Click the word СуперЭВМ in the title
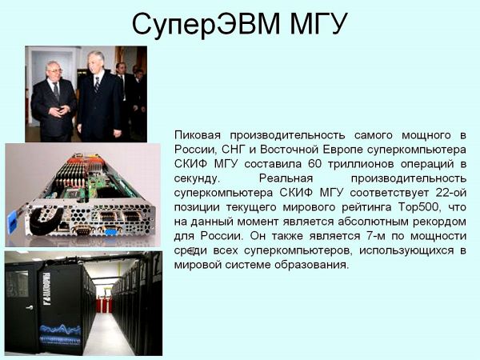click(x=206, y=24)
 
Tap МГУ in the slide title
click(x=318, y=24)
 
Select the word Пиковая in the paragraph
click(x=198, y=135)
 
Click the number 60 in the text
click(x=314, y=164)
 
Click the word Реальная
click(x=286, y=178)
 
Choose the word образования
click(x=311, y=265)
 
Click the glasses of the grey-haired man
click(x=54, y=70)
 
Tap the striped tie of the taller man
click(x=97, y=84)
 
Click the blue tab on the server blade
click(x=12, y=222)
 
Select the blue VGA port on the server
click(x=111, y=231)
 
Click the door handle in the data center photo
click(x=30, y=307)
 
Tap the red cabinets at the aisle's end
click(x=104, y=305)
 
